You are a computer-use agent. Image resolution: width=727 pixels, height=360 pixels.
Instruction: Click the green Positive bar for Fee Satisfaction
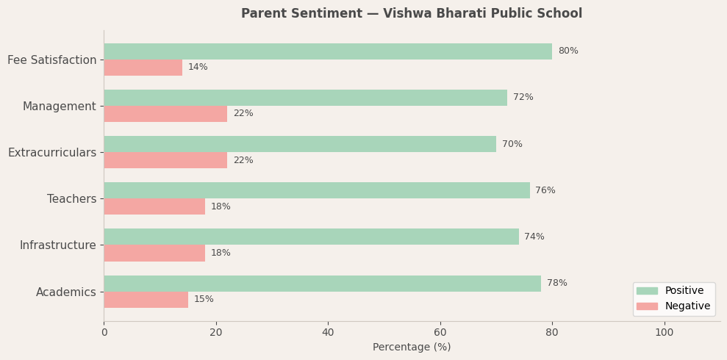(x=328, y=51)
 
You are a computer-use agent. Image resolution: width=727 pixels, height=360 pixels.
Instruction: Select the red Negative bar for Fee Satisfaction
(x=143, y=68)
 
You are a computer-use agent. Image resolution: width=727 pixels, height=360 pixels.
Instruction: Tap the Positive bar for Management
(x=305, y=98)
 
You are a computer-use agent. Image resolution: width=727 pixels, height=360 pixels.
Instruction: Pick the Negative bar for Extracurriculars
(x=165, y=160)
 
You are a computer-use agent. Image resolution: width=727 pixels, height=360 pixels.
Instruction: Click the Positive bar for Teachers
(x=316, y=190)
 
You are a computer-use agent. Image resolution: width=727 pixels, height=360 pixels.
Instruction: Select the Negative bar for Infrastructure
(x=154, y=253)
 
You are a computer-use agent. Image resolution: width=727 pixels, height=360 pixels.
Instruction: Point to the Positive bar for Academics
(x=322, y=284)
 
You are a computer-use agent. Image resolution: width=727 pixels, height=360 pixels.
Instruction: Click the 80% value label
(x=568, y=51)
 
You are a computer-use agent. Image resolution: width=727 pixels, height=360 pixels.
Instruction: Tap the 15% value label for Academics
(x=204, y=300)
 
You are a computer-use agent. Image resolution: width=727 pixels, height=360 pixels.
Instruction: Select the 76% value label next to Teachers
(x=545, y=191)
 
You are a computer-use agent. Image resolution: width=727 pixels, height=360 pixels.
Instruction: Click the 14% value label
(x=198, y=68)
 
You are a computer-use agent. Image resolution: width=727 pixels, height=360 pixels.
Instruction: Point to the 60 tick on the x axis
(x=440, y=333)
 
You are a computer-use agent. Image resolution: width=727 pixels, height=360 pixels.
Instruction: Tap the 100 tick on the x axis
(x=665, y=333)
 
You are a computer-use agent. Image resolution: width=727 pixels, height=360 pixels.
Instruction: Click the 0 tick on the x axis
(x=104, y=333)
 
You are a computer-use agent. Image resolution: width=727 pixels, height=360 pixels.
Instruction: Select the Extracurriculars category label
(x=52, y=153)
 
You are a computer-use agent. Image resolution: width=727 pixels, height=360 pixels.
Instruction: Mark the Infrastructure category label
(x=57, y=245)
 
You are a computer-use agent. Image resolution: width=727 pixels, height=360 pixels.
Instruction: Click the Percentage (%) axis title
(x=412, y=348)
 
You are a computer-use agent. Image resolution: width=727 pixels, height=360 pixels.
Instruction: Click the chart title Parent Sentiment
(x=412, y=14)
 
